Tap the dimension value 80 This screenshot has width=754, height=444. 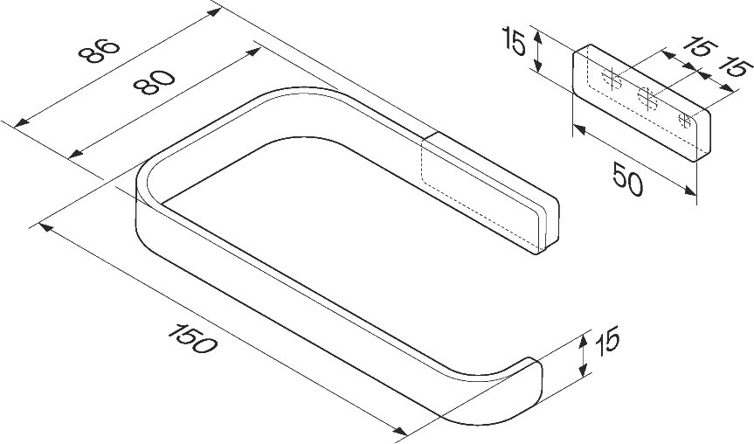click(x=154, y=82)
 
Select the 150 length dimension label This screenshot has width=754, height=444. click(x=193, y=338)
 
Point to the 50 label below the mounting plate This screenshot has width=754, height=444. click(x=628, y=179)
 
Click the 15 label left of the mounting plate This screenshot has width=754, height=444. click(x=514, y=41)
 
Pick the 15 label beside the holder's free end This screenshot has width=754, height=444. click(x=607, y=342)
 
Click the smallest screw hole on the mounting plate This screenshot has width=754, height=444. click(x=684, y=121)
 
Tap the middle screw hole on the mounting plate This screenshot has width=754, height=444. click(x=647, y=99)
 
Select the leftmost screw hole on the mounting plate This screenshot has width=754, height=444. click(x=612, y=79)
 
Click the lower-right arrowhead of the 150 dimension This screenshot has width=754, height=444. click(x=400, y=430)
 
